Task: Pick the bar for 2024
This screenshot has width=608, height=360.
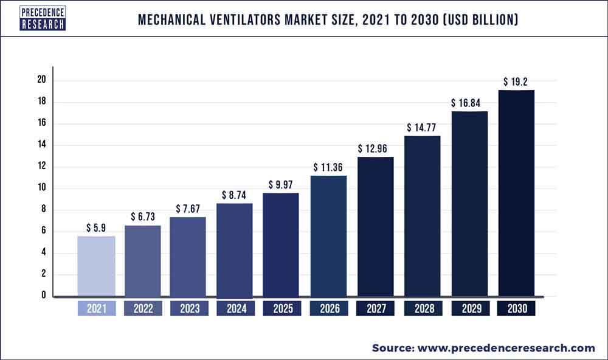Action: [235, 250]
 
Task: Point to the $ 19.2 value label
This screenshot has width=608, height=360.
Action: [516, 81]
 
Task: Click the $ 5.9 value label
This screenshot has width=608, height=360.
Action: [96, 227]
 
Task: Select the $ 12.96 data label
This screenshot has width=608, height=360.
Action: [376, 148]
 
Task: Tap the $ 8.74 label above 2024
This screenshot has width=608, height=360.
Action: [235, 194]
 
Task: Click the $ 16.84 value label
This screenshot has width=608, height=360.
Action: [469, 102]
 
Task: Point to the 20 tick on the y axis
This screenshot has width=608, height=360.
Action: [41, 80]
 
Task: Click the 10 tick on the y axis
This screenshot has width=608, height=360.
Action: [41, 188]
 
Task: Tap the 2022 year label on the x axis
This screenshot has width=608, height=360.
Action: [143, 309]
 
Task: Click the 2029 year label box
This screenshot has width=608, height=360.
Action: [469, 309]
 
